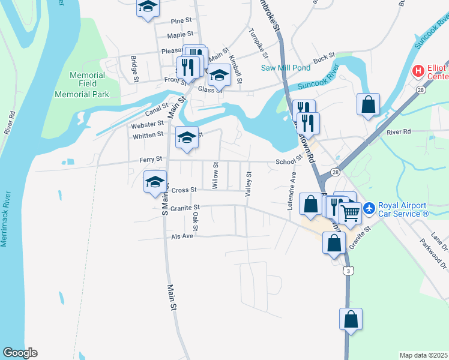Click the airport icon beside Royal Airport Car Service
369,209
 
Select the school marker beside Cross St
155,181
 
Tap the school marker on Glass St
219,76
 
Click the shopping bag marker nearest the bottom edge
351,319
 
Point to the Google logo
19,353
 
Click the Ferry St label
151,159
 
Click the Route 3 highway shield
347,271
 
